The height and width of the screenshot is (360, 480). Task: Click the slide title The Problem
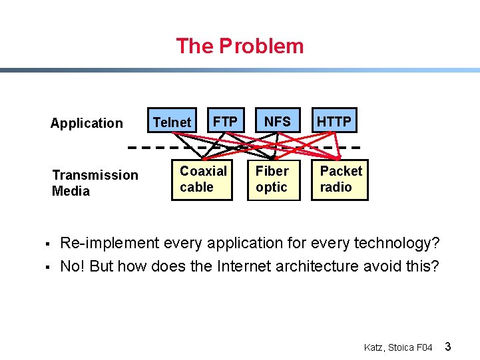click(x=240, y=46)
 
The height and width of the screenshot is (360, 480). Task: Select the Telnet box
click(x=172, y=122)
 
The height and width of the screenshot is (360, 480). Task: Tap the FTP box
click(x=225, y=121)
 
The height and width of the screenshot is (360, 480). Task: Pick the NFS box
click(x=277, y=121)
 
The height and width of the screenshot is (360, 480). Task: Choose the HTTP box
click(x=334, y=121)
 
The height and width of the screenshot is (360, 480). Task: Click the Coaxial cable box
click(x=203, y=179)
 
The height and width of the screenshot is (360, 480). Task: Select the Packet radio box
click(x=340, y=179)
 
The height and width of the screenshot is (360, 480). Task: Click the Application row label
click(x=87, y=123)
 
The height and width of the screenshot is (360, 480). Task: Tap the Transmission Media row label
click(x=95, y=183)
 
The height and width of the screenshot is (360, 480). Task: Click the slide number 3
click(x=448, y=347)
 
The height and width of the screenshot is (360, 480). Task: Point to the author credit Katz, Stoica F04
click(x=398, y=347)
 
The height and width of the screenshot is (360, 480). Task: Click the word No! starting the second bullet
click(x=73, y=267)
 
